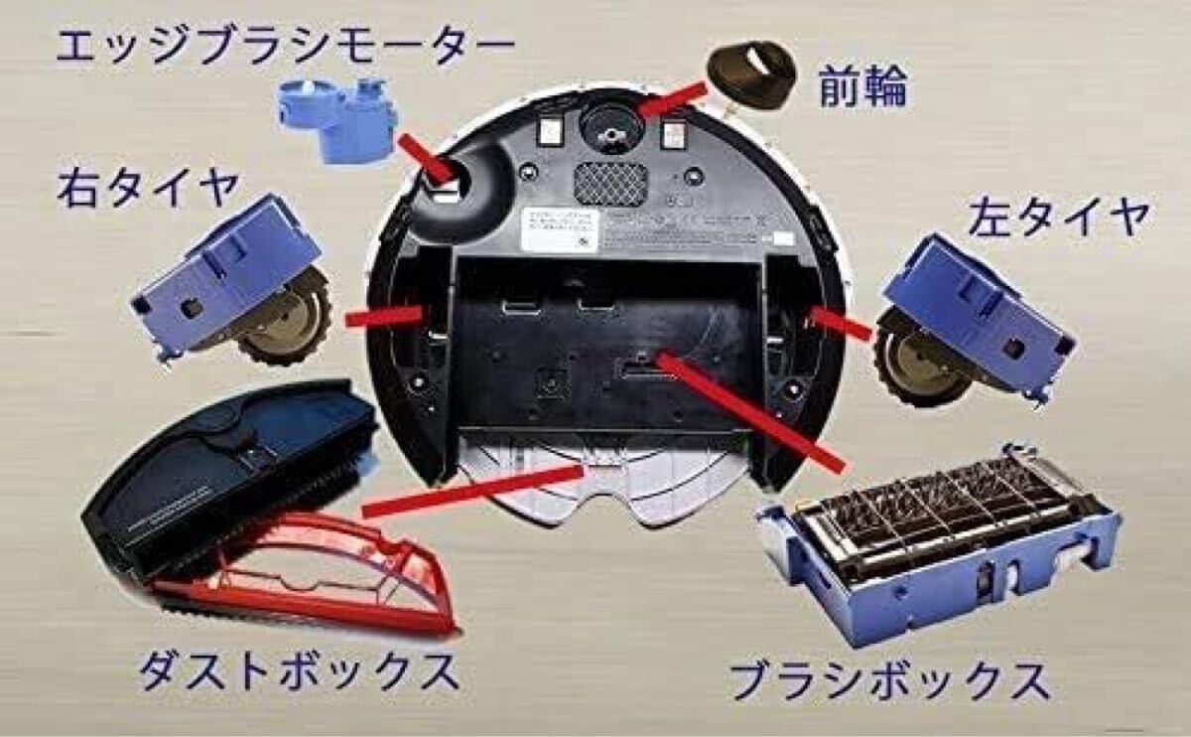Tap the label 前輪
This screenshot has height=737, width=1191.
861,89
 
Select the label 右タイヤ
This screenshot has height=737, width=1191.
149,187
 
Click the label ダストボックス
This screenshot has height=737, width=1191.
298,672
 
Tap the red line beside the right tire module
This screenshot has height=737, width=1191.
387,315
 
